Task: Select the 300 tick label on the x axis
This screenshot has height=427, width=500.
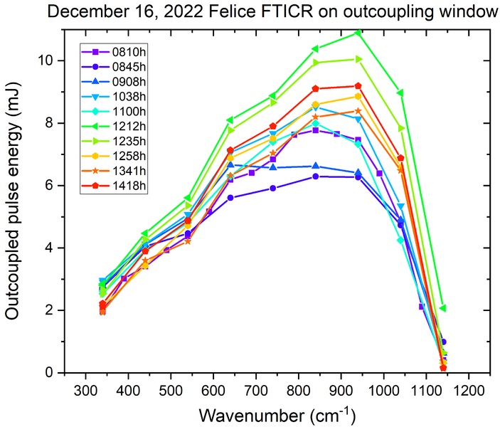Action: pyautogui.click(x=86, y=390)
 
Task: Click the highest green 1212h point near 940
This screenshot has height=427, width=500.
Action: pyautogui.click(x=358, y=32)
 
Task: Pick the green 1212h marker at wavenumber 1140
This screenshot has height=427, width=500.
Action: pyautogui.click(x=443, y=308)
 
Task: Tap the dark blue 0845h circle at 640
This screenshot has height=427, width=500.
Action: pyautogui.click(x=230, y=198)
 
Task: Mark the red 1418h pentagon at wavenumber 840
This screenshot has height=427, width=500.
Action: pyautogui.click(x=316, y=89)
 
